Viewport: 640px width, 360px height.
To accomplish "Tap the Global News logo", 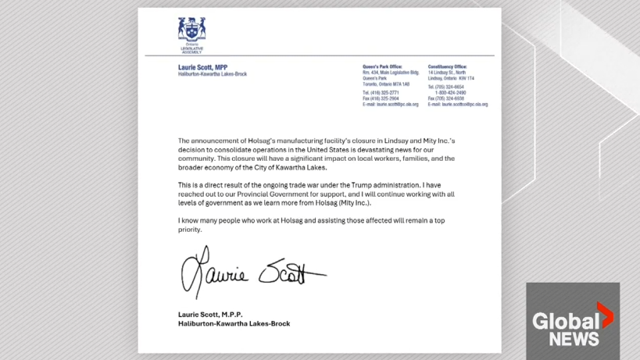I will pos(572,320).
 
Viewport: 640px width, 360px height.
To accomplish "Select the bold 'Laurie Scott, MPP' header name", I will pos(202,68).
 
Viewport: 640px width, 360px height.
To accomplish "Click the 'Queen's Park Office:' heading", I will pos(382,67).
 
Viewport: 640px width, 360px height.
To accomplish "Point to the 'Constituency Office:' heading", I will pos(447,67).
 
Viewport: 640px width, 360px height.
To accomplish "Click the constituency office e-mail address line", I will pos(458,105).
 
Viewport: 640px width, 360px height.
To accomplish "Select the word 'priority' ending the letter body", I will pos(190,230).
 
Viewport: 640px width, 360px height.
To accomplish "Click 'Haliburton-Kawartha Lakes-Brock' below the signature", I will pos(234,323).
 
